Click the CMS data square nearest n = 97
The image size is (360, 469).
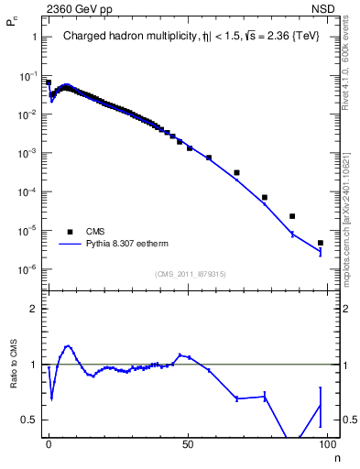(320, 243)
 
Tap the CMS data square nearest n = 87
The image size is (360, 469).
(292, 216)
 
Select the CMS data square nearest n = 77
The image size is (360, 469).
(264, 197)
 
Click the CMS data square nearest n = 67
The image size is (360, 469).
(236, 172)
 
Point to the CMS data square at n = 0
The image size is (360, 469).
(49, 82)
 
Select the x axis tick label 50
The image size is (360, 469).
(188, 442)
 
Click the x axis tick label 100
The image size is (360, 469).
(325, 442)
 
